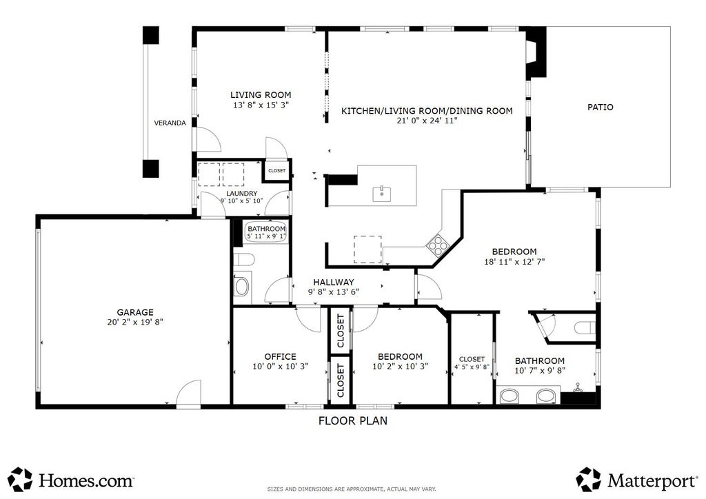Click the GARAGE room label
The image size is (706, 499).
(135, 312)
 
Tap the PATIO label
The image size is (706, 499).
(601, 107)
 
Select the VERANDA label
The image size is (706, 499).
(170, 123)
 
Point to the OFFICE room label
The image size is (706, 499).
(280, 356)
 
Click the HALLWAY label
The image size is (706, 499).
(334, 282)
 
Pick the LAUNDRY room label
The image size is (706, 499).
(242, 194)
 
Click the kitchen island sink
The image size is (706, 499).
(381, 194)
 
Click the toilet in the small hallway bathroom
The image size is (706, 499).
(243, 260)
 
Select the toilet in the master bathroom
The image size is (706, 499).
(585, 327)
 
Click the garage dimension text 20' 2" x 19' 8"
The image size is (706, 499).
(135, 322)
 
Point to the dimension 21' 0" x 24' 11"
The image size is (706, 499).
(427, 121)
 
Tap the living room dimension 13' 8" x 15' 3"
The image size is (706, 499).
(261, 105)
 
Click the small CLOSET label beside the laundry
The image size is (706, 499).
(277, 171)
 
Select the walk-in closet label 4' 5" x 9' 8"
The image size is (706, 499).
(472, 367)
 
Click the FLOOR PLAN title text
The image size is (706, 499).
(353, 420)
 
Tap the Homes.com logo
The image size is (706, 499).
(71, 479)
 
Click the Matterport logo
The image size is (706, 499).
(637, 479)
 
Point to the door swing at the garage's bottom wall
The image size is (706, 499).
(188, 393)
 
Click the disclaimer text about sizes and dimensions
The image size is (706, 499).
(352, 489)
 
